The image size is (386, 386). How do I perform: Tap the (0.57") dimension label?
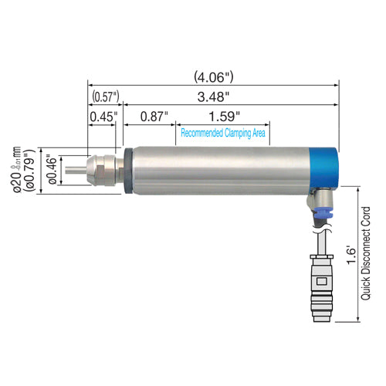104,96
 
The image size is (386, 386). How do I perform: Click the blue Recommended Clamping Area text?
223,133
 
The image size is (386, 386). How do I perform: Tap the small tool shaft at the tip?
74,169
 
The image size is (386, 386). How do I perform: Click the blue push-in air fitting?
317,206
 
